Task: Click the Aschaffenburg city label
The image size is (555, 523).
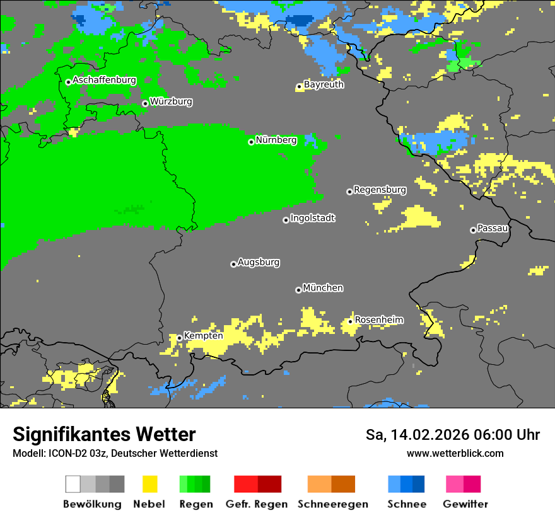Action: point(104,80)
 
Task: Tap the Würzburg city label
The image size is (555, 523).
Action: point(171,101)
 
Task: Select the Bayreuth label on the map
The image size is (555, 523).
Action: point(324,84)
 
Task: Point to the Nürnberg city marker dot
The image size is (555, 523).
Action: point(251,142)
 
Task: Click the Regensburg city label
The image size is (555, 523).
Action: point(380,190)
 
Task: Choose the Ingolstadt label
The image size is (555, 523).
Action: point(312,218)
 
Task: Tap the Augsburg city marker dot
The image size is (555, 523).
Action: point(233,264)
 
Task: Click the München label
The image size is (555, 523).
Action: point(323,288)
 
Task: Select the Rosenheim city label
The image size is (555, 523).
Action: point(378,320)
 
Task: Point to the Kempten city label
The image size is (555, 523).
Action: point(203,336)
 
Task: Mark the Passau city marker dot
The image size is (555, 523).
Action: point(473,230)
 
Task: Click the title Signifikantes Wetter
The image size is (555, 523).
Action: point(104,434)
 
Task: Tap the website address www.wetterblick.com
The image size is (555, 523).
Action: point(455,453)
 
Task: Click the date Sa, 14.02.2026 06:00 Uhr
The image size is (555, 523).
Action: point(452,435)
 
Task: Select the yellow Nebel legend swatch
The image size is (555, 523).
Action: point(149,484)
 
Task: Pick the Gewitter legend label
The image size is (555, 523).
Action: point(465,504)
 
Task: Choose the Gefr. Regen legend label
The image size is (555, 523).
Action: point(256,504)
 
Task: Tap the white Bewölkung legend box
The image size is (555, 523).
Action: point(73,484)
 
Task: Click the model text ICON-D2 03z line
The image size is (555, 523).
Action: point(115,453)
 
